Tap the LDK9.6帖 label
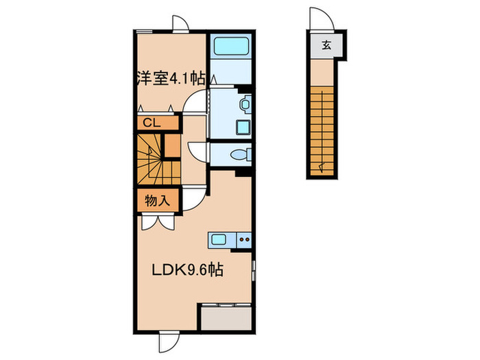coord(187,270)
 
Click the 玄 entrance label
coord(326,47)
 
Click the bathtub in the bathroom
coord(231,47)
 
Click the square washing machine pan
coord(243,128)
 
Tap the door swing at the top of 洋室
coord(181,22)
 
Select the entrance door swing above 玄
coord(319,19)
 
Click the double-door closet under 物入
coord(156,221)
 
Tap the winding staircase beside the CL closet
coord(151,159)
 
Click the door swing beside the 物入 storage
coord(193,197)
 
